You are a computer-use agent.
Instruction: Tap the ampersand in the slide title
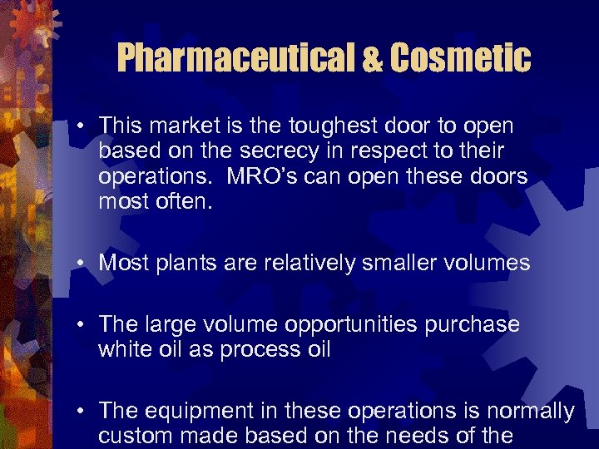click(x=374, y=59)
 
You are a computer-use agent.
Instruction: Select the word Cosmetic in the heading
click(x=460, y=58)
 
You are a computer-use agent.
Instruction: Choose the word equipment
click(x=192, y=412)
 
